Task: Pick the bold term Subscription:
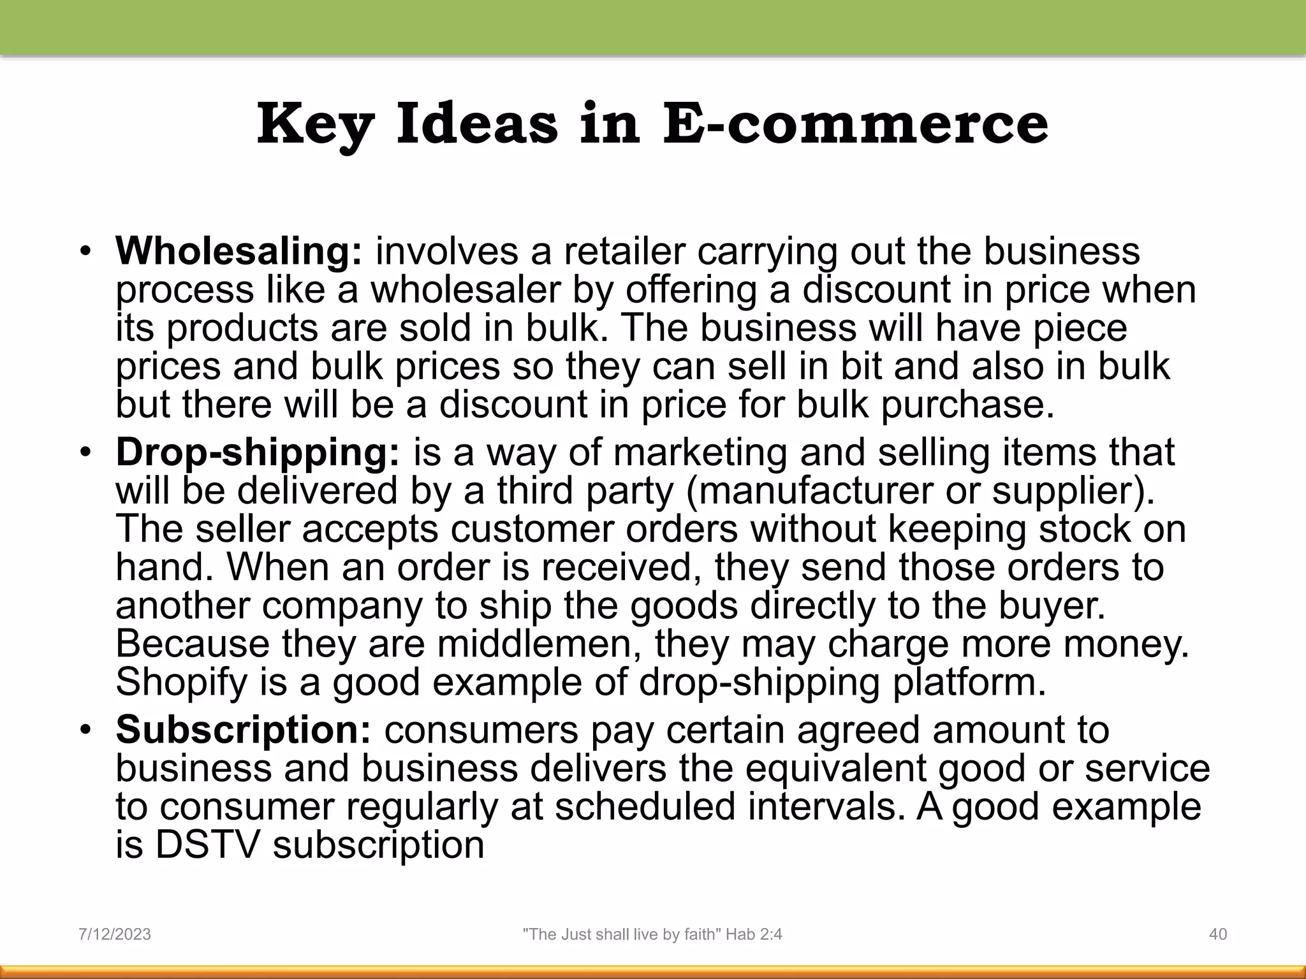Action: click(x=243, y=730)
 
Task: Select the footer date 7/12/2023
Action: click(x=115, y=934)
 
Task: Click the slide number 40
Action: click(x=1218, y=934)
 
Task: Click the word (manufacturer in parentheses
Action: click(x=810, y=491)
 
